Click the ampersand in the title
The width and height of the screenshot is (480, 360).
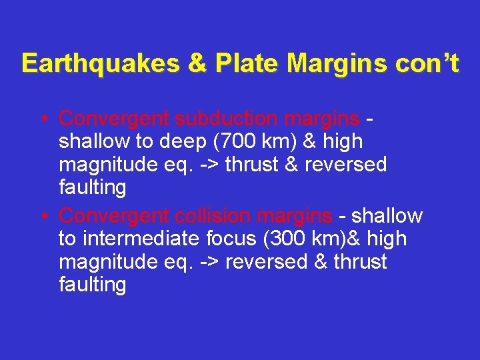pyautogui.click(x=198, y=63)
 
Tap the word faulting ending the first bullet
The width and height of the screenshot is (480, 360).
pyautogui.click(x=92, y=188)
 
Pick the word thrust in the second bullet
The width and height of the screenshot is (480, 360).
pyautogui.click(x=359, y=262)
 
